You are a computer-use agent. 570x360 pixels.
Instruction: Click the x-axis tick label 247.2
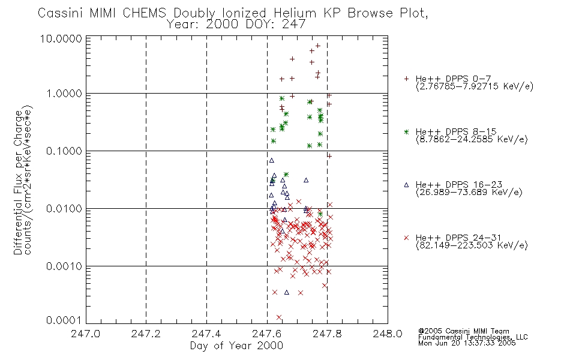tap(146, 334)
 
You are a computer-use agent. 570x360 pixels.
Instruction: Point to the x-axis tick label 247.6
tap(267, 334)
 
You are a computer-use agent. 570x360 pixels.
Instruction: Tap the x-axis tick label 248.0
tap(388, 334)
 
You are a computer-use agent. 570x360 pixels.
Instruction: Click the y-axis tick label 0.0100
tap(64, 209)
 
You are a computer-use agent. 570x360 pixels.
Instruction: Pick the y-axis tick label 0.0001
tap(64, 320)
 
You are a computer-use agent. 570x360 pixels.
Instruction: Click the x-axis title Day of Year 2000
tap(236, 346)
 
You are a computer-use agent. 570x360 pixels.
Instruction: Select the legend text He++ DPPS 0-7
tap(453, 79)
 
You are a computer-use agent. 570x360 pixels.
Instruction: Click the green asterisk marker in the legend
tap(406, 132)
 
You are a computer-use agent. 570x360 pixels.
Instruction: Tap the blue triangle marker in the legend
tap(406, 185)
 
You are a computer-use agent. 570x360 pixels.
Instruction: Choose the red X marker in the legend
tap(406, 238)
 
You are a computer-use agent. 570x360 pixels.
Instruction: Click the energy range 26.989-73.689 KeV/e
tap(469, 193)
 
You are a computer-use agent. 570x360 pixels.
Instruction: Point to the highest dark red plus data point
tap(318, 46)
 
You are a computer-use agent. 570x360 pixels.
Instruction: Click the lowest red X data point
tap(279, 317)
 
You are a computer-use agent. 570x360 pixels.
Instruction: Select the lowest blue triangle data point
tap(286, 292)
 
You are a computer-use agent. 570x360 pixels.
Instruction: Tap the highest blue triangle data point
tap(272, 160)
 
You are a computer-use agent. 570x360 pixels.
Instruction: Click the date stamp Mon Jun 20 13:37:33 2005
tap(467, 343)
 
